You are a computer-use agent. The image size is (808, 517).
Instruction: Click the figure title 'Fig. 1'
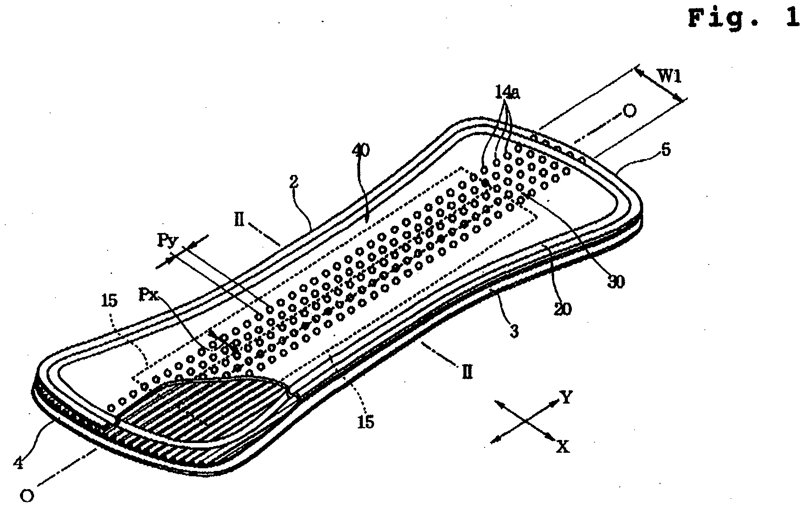pos(744,18)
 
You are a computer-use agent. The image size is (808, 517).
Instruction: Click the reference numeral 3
pos(514,331)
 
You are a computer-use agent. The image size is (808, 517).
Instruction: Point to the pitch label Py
pos(165,242)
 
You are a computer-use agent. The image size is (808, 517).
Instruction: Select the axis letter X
pos(563,447)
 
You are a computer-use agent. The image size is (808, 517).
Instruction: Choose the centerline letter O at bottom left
pos(27,497)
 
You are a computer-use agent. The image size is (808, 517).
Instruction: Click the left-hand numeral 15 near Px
pos(109,300)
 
